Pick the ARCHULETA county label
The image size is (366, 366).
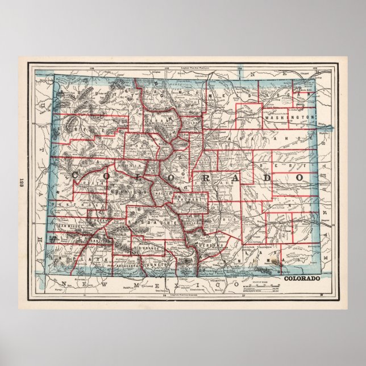tap(128, 263)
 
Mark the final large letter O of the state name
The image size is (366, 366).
tap(300, 178)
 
